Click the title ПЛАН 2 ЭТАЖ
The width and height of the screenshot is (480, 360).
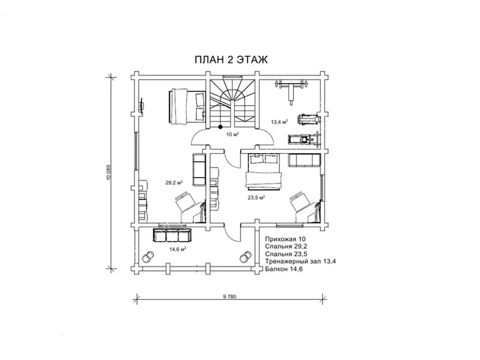click(231, 59)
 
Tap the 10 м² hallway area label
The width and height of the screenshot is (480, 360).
click(232, 134)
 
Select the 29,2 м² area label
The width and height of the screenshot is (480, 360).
click(174, 183)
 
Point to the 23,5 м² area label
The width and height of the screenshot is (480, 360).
click(256, 197)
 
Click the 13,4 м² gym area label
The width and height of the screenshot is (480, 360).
click(280, 122)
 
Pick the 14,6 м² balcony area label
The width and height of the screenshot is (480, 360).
click(178, 249)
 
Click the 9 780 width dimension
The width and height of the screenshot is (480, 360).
click(230, 296)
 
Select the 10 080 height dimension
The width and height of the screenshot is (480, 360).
click(108, 172)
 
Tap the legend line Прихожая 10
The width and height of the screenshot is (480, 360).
click(286, 239)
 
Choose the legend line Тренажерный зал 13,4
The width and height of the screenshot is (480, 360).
click(301, 262)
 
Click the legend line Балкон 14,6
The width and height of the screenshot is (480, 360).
click(284, 269)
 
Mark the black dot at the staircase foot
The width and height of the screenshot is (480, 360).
click(220, 127)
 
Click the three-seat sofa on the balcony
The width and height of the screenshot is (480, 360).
click(172, 235)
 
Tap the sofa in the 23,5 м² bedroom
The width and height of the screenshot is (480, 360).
click(304, 160)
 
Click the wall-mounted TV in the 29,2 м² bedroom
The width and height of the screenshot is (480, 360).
click(142, 106)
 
